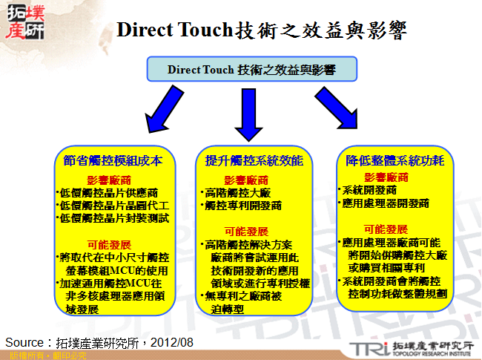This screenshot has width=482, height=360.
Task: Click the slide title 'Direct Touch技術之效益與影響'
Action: click(262, 30)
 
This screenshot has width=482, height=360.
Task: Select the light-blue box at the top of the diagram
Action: click(252, 70)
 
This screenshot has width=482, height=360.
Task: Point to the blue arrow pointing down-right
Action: click(337, 111)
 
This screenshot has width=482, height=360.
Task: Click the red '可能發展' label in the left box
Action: click(109, 244)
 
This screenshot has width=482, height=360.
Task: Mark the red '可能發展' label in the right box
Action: click(386, 229)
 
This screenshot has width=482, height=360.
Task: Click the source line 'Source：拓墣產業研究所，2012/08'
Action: click(99, 342)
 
